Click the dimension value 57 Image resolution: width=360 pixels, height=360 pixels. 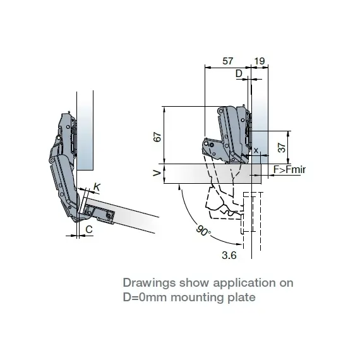click(228, 61)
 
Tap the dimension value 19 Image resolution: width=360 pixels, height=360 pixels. click(260, 61)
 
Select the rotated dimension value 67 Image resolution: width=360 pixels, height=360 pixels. click(157, 137)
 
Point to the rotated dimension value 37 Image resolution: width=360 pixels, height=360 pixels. click(282, 148)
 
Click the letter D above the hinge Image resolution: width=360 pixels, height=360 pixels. click(239, 73)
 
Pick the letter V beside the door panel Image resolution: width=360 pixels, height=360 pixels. click(157, 173)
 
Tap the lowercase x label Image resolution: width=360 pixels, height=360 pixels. click(256, 150)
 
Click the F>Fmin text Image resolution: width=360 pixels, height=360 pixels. click(289, 170)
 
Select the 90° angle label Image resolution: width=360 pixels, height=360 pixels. click(203, 231)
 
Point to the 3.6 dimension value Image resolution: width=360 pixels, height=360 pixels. click(229, 255)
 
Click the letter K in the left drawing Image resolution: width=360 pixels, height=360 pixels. click(97, 187)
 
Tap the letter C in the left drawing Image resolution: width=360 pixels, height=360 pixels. click(89, 229)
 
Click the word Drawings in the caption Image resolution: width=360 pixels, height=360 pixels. click(150, 283)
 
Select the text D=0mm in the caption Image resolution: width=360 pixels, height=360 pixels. click(145, 297)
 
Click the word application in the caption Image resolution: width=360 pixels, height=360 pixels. click(243, 283)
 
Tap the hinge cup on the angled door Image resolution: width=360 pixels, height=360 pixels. click(99, 213)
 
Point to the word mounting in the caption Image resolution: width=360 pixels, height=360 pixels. click(196, 297)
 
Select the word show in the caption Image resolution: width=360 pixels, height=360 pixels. click(195, 283)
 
